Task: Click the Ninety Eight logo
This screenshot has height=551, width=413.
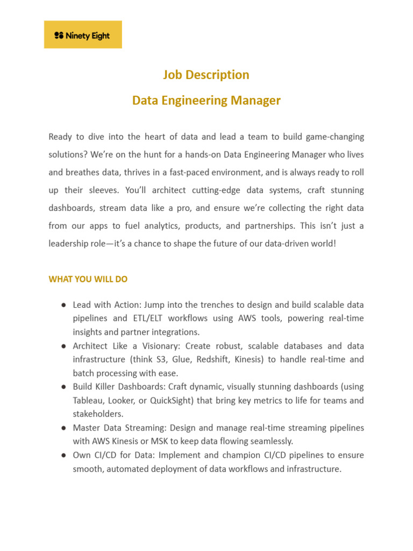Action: [x=83, y=36]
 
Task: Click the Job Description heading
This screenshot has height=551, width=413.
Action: [x=206, y=75]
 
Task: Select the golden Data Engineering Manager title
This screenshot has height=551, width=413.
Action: [x=206, y=101]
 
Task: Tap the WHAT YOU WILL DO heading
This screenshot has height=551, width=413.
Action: [x=88, y=279]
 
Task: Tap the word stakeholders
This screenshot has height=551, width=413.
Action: [x=98, y=414]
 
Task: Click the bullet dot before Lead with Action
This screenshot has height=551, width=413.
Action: [x=63, y=305]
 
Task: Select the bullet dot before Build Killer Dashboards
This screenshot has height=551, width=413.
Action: [x=63, y=387]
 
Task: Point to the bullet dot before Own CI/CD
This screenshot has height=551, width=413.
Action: [x=63, y=455]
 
